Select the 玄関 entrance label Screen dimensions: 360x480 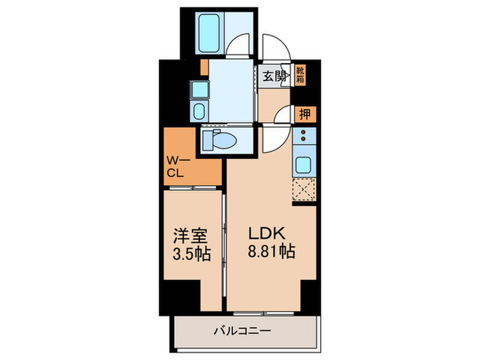point(275,76)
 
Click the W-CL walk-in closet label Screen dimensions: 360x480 point(177,167)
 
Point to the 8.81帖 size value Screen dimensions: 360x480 point(270,252)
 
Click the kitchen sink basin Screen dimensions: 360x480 point(303,165)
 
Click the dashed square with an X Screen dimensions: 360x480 point(302,189)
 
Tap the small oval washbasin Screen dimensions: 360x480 point(198,112)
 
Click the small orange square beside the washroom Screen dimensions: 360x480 point(204,67)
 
